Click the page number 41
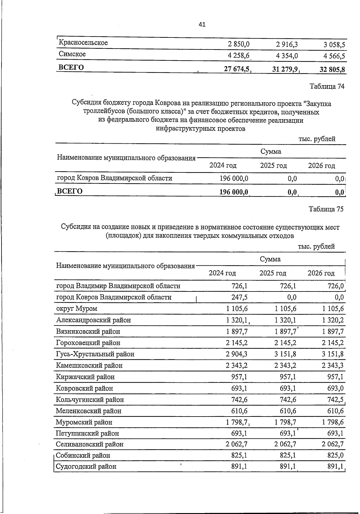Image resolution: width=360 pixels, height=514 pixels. pyautogui.click(x=202, y=25)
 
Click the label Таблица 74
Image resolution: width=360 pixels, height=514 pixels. pyautogui.click(x=327, y=87)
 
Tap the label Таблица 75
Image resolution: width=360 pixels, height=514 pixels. pyautogui.click(x=326, y=209)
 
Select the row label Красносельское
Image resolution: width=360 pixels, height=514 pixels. pyautogui.click(x=83, y=43)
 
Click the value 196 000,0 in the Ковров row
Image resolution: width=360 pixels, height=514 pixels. pyautogui.click(x=234, y=178)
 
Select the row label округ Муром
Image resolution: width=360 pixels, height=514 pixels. pyautogui.click(x=77, y=309)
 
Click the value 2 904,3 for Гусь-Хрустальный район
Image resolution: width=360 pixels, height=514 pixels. pyautogui.click(x=237, y=354)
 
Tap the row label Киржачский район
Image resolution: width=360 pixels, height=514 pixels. pyautogui.click(x=85, y=377)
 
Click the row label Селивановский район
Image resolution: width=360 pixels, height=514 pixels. pyautogui.click(x=90, y=444)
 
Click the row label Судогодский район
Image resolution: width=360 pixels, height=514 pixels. pyautogui.click(x=86, y=467)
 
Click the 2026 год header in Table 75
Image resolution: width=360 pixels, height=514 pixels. pyautogui.click(x=321, y=273)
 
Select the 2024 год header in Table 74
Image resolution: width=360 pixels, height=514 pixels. pyautogui.click(x=223, y=166)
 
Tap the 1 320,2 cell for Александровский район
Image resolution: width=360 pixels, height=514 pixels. pyautogui.click(x=333, y=320)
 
